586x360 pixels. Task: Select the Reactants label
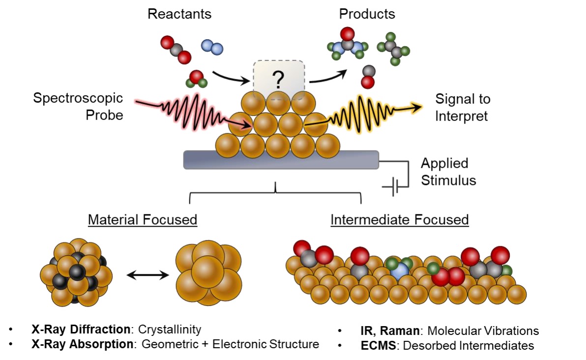pos(179,14)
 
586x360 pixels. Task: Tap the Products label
pos(367,14)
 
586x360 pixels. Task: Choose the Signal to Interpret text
pos(463,107)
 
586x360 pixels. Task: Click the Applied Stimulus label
pos(448,172)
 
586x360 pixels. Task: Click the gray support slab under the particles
pos(281,160)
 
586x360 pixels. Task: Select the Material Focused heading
pos(143,219)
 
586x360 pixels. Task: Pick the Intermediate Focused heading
pos(399,219)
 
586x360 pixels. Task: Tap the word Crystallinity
pos(170,330)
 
